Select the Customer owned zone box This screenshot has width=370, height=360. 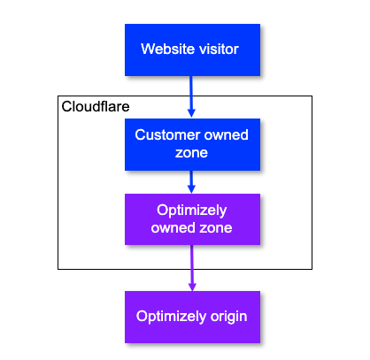[x=192, y=144]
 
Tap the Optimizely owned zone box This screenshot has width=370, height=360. [x=192, y=219]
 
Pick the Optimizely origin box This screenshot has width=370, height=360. [x=192, y=317]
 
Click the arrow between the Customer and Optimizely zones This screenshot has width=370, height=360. [x=192, y=180]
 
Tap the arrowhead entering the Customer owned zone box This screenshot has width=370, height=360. [x=192, y=112]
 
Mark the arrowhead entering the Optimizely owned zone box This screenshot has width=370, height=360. [x=192, y=188]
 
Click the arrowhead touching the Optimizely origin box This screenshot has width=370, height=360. [x=192, y=286]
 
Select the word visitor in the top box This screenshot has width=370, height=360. [x=218, y=50]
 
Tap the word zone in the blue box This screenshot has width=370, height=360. [x=192, y=152]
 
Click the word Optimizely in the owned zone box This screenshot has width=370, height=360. [x=192, y=211]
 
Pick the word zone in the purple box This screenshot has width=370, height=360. [x=214, y=228]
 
